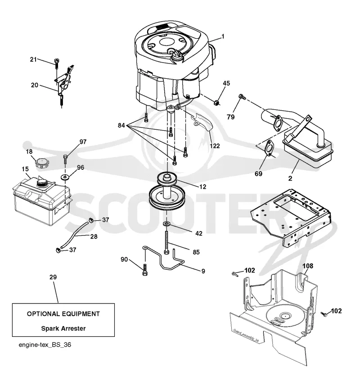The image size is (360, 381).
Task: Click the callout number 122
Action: pyautogui.click(x=215, y=146)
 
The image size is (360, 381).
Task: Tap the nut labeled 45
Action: pyautogui.click(x=217, y=103)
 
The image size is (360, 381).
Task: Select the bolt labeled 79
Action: pyautogui.click(x=242, y=97)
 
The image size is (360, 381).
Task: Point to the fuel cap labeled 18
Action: pyautogui.click(x=42, y=163)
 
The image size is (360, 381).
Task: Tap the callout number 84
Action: pyautogui.click(x=121, y=125)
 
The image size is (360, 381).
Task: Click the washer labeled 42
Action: pyautogui.click(x=166, y=223)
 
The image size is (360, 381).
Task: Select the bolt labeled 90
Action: pyautogui.click(x=145, y=270)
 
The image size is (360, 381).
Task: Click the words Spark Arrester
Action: pyautogui.click(x=63, y=328)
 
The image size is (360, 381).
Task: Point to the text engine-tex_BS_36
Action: pyautogui.click(x=45, y=345)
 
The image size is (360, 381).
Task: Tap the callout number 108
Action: pyautogui.click(x=308, y=266)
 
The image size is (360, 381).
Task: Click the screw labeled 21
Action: pyautogui.click(x=57, y=63)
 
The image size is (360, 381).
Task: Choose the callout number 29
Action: pyautogui.click(x=53, y=277)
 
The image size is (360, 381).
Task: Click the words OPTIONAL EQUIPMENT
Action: pyautogui.click(x=63, y=314)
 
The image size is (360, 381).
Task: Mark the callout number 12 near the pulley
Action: pyautogui.click(x=202, y=186)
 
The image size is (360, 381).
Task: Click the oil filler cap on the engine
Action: pyautogui.click(x=175, y=56)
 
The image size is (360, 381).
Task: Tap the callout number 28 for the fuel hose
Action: pyautogui.click(x=94, y=236)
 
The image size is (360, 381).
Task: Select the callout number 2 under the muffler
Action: pyautogui.click(x=290, y=178)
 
